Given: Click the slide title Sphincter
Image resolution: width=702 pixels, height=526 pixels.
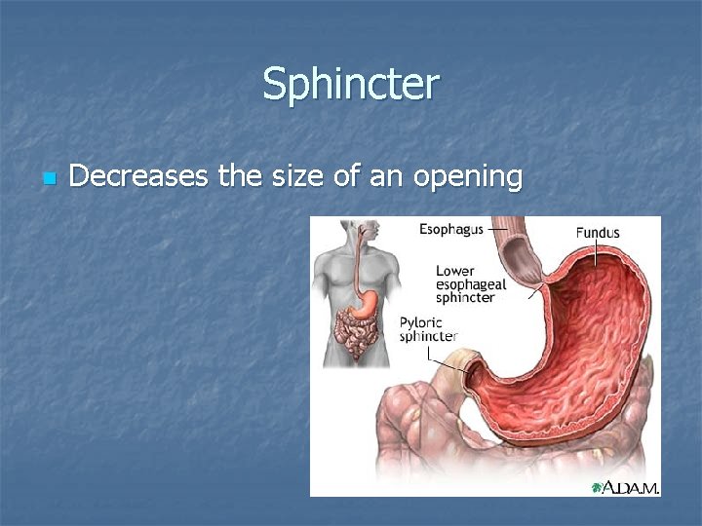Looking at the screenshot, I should tap(351, 84).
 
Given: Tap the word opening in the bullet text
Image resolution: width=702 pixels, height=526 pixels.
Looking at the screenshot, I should tap(468, 178).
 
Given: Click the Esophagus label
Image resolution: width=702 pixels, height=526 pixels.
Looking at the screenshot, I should tap(452, 230).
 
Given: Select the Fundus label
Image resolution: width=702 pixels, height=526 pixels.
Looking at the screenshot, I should tap(597, 233).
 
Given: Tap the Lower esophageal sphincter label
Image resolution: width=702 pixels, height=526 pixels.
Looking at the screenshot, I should tap(470, 283).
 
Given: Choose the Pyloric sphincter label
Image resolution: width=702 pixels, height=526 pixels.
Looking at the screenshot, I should tap(427, 328).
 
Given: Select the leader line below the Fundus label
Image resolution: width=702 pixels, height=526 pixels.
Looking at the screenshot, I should tap(597, 253).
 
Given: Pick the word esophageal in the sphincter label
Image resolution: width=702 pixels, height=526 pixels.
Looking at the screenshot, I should tap(470, 284).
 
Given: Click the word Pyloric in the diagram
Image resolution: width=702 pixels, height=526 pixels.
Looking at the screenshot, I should tap(421, 321).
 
